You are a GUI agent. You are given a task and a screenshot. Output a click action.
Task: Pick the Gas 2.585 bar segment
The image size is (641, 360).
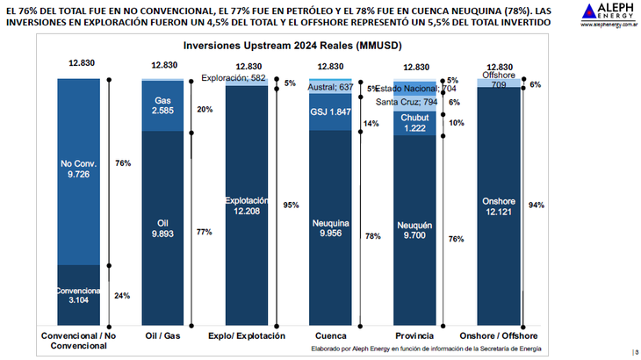162,106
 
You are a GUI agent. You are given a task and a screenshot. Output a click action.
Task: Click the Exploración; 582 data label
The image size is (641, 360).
233,78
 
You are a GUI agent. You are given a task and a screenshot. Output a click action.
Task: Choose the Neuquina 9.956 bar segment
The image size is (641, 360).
330,228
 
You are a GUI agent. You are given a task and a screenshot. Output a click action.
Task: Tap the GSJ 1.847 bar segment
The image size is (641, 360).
330,112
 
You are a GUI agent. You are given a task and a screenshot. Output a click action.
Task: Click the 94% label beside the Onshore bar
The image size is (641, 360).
536,205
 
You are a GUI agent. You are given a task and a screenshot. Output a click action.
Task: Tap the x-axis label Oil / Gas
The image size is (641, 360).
162,335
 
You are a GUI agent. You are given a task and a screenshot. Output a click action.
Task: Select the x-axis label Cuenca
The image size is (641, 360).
330,335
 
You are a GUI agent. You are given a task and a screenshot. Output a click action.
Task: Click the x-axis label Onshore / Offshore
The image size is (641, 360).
499,335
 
